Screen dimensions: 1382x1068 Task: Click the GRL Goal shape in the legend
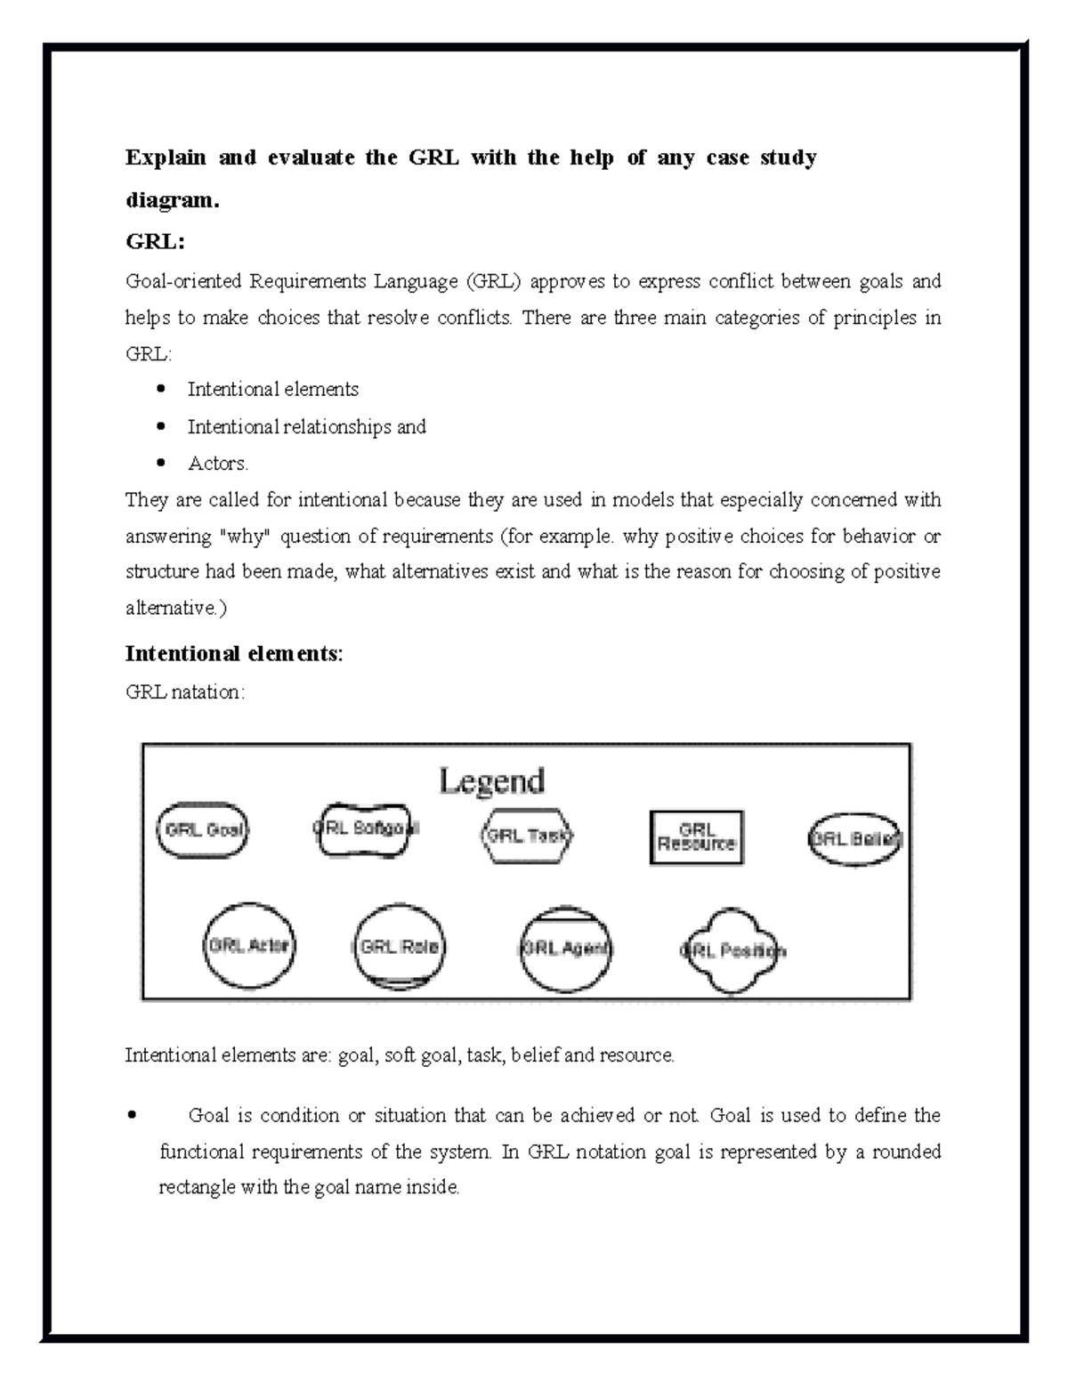(x=203, y=830)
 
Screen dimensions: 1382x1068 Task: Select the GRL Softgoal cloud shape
(x=365, y=828)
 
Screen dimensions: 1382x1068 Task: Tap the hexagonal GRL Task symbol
(x=527, y=836)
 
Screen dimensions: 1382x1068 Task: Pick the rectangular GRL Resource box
(x=696, y=837)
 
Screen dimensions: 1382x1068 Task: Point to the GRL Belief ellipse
(x=854, y=839)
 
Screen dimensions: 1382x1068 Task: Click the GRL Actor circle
(x=248, y=946)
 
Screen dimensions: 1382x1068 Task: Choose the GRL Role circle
(x=400, y=947)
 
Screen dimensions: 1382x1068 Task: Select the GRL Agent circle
(x=565, y=949)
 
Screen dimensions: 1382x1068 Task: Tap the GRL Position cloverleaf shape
(x=732, y=951)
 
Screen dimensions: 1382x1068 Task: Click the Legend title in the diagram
(x=491, y=781)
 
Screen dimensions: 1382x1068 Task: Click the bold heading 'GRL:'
(x=155, y=241)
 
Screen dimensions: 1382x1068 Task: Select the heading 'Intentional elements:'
(x=233, y=654)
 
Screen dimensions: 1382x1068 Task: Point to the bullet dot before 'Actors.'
(x=161, y=463)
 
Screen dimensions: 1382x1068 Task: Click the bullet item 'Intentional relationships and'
(x=306, y=427)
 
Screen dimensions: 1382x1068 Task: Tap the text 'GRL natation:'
(x=184, y=691)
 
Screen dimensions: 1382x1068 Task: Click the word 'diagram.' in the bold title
(x=171, y=200)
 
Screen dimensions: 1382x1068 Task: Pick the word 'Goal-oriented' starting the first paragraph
(x=182, y=282)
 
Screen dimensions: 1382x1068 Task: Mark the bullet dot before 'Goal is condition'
(x=133, y=1115)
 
